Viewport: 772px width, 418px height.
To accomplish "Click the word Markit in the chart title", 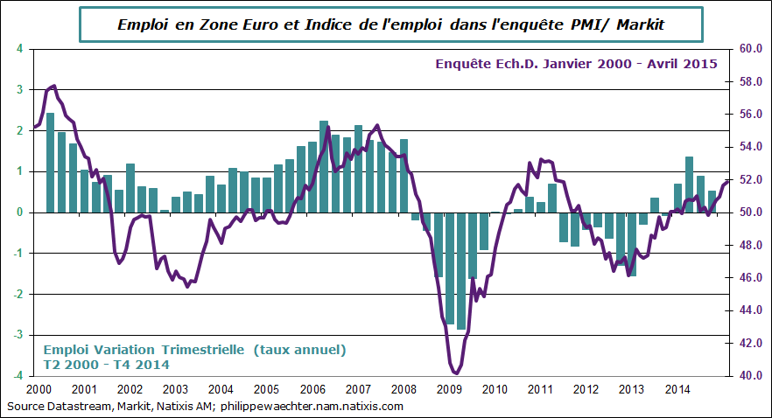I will [x=640, y=25].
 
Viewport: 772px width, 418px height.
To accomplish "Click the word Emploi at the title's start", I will [x=143, y=25].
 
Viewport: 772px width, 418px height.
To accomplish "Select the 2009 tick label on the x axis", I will [x=449, y=389].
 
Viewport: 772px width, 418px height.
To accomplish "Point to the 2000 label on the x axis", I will [x=39, y=389].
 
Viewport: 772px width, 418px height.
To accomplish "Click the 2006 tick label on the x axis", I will [x=312, y=389].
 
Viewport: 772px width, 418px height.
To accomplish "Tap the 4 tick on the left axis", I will [x=20, y=49].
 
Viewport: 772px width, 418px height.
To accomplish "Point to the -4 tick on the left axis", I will [x=18, y=376].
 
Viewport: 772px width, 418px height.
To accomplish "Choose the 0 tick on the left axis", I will [x=20, y=212].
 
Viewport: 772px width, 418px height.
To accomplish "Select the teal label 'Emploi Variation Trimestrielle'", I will [x=142, y=350].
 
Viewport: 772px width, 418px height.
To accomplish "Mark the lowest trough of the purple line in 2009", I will [x=457, y=373].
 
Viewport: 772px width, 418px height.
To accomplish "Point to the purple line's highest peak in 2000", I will [x=54, y=86].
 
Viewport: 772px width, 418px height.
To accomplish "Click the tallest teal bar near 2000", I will [x=50, y=163].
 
